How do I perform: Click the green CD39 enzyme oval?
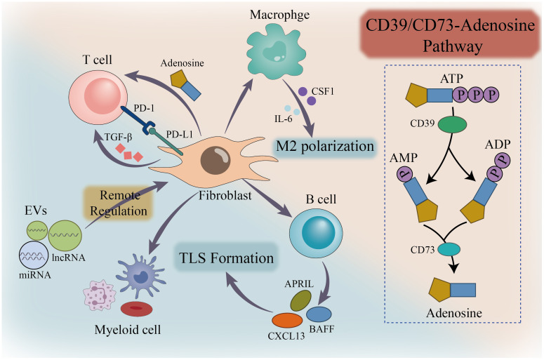pos(453,124)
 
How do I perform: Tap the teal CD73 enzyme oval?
pos(449,249)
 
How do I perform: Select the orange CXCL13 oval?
pos(287,320)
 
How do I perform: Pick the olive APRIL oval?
pos(300,300)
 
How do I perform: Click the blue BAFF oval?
pos(319,314)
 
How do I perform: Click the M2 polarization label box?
pos(325,147)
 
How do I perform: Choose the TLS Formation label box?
pos(226,258)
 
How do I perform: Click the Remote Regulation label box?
pos(119,204)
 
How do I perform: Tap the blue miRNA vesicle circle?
pos(33,255)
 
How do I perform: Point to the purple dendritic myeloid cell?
pos(140,274)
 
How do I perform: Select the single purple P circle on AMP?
pos(404,173)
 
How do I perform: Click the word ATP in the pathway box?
pos(451,79)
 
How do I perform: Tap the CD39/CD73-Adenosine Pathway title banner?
pos(450,35)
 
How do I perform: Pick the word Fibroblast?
pos(225,196)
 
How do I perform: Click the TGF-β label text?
pos(119,138)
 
